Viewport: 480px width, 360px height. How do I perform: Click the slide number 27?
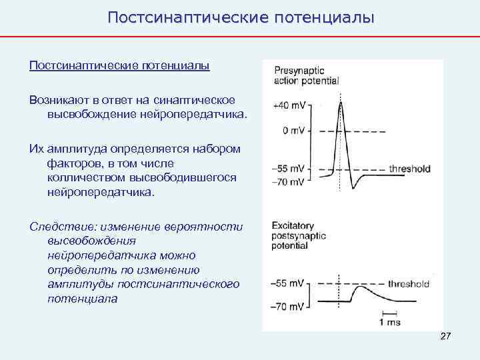(x=446, y=337)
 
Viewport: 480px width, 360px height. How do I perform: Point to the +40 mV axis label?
(x=289, y=105)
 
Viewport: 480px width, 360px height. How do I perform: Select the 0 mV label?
(x=294, y=131)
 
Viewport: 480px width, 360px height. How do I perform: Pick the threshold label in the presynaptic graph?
(x=409, y=169)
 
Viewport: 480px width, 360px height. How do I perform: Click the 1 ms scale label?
(x=389, y=322)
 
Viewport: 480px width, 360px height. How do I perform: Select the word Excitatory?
(x=294, y=226)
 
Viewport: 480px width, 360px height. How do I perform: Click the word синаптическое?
(x=194, y=100)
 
